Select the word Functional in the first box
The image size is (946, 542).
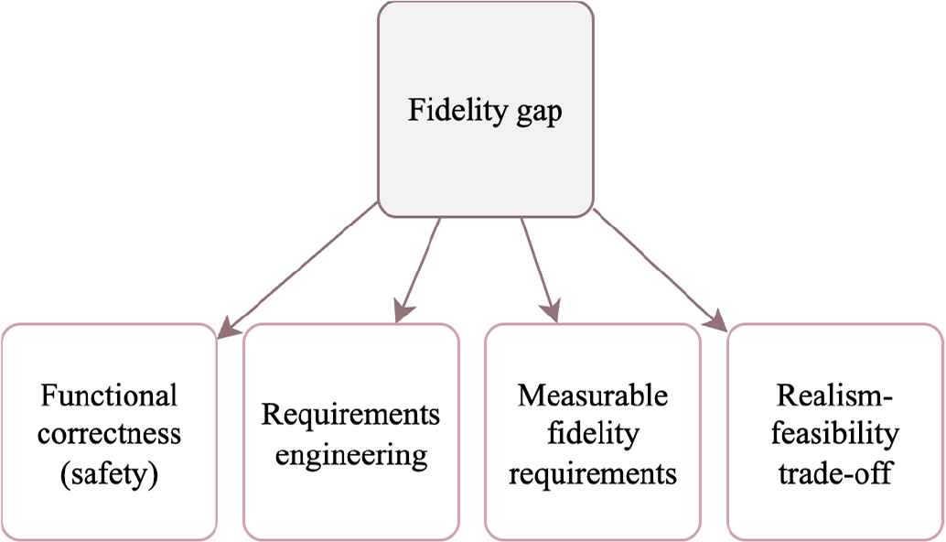109,397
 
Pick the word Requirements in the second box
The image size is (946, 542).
350,414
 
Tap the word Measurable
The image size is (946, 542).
593,397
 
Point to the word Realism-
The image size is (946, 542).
835,397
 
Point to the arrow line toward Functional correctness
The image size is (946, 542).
302,262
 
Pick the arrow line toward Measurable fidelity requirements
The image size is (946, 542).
537,266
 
